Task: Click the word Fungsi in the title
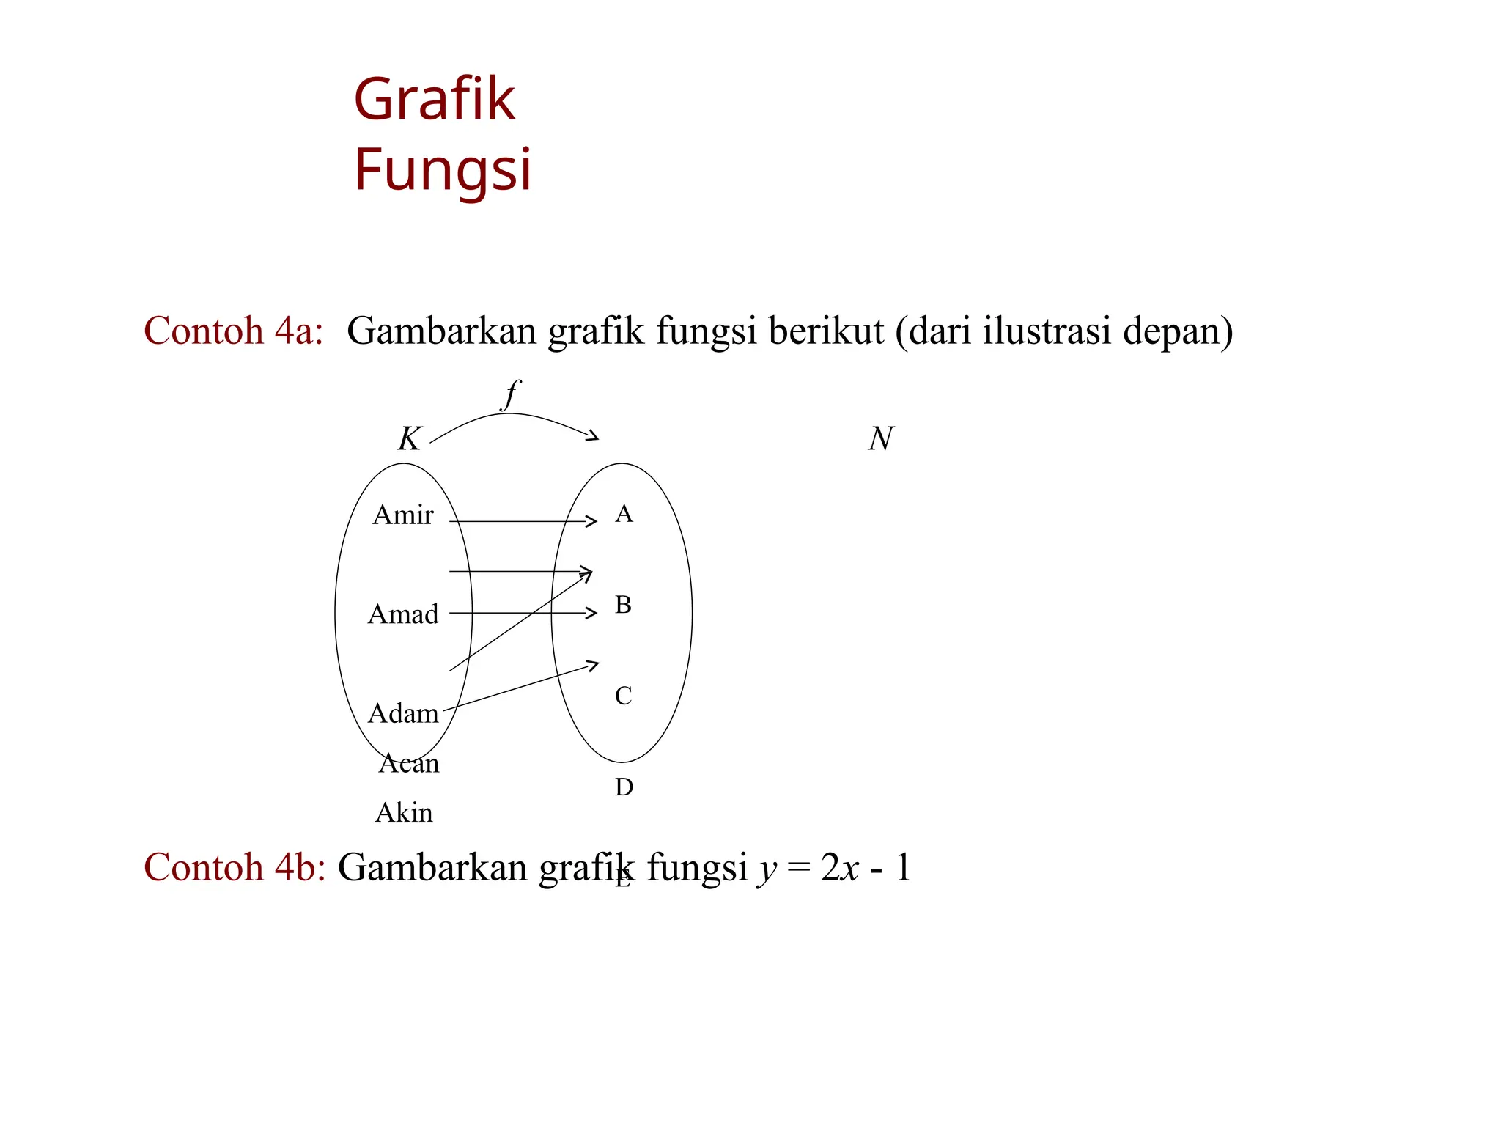click(442, 170)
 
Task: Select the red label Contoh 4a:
click(233, 331)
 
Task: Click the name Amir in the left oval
click(402, 515)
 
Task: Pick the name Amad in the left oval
click(403, 614)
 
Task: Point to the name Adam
click(403, 713)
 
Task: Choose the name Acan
click(409, 764)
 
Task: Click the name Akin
click(404, 813)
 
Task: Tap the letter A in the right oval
click(624, 514)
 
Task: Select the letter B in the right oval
click(623, 605)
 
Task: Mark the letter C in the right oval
click(623, 696)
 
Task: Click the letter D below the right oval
click(624, 787)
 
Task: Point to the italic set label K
click(409, 439)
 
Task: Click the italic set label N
click(880, 439)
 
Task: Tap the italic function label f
click(510, 394)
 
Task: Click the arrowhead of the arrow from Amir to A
click(592, 521)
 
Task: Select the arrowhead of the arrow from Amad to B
click(592, 613)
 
